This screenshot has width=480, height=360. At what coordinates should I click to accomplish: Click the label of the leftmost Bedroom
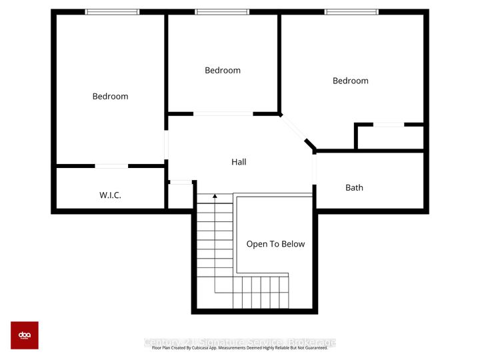coord(110,97)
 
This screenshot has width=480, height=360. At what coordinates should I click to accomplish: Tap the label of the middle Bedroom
coord(223,71)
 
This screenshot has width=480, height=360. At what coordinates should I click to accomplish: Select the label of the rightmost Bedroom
coord(351,81)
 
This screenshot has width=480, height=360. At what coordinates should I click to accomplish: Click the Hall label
coord(239,162)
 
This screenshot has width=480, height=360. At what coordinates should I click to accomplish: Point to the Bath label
coord(354,188)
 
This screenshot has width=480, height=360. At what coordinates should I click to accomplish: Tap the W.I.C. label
coord(110,196)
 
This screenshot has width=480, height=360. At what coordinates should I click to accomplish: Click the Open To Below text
coord(275,244)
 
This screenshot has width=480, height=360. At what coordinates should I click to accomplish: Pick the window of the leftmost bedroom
coord(112,12)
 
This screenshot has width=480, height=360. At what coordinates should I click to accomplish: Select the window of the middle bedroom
coord(222,12)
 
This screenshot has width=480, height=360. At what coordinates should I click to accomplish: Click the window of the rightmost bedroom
coord(351,12)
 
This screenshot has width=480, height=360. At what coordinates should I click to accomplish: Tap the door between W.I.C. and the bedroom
coord(111,165)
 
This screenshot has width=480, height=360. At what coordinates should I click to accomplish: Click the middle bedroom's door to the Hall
coord(223,114)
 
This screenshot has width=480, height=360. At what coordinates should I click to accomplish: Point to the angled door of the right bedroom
coord(293,128)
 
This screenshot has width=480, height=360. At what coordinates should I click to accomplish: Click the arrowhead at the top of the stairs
coord(215,197)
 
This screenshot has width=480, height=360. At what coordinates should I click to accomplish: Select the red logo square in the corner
coord(25,335)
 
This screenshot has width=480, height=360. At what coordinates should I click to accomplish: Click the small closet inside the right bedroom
coord(390,137)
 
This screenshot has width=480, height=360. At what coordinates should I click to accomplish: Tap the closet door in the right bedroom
coord(388,124)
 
